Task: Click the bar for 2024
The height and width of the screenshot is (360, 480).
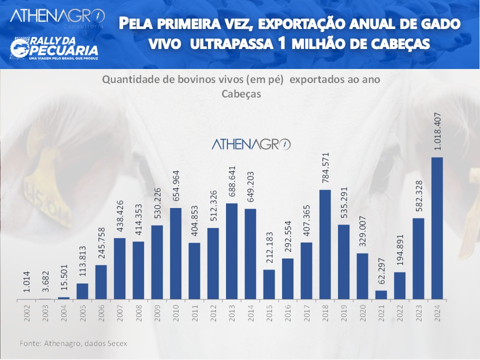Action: (437, 228)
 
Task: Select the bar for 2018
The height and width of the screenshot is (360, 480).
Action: (325, 244)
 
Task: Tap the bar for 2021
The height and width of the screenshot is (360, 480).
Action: (381, 295)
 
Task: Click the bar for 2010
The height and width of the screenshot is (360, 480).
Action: (175, 253)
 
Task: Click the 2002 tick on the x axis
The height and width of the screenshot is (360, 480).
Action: (26, 311)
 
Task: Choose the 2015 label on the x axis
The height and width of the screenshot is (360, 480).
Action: (269, 311)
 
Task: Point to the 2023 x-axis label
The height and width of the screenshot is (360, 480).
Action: (418, 311)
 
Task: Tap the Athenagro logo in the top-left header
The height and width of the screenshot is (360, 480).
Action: (57, 16)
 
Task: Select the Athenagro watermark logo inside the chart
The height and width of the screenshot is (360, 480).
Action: (251, 144)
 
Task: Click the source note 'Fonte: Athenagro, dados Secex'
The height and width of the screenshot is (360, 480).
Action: (73, 343)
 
